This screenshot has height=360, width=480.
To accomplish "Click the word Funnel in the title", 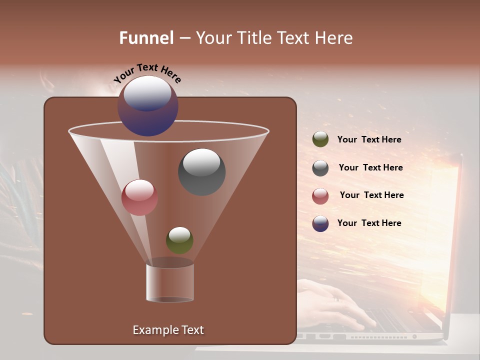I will click(146, 38).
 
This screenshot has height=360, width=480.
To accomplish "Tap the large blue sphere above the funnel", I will click(148, 106).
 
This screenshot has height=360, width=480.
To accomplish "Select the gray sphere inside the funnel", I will click(202, 171).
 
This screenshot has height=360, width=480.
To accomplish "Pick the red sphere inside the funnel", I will click(139, 197).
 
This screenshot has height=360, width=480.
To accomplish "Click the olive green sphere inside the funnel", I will click(179, 240).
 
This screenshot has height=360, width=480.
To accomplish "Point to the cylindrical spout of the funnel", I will click(170, 282).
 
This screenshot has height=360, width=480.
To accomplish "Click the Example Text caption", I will click(168, 330).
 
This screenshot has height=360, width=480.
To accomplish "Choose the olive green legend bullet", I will click(320, 139).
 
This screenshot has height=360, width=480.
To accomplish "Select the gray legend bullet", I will click(320, 168).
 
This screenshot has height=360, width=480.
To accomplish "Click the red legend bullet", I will click(320, 196).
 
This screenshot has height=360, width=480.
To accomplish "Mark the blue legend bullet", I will click(320, 223).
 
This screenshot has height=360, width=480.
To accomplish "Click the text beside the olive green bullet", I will click(369, 140).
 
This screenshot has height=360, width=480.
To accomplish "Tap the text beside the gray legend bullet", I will click(370, 168).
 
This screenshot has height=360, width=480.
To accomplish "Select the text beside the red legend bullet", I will click(371, 195).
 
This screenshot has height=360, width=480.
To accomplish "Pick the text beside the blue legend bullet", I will click(369, 223).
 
